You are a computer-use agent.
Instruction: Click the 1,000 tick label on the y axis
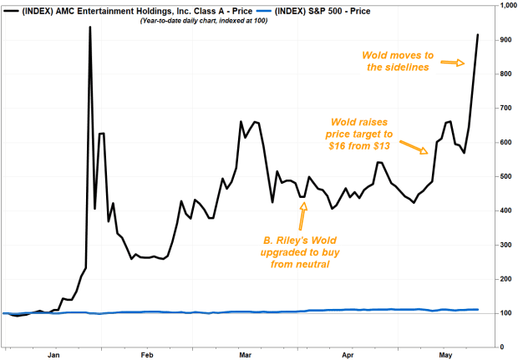tap(503, 6)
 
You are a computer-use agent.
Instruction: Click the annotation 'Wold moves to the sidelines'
tap(395, 61)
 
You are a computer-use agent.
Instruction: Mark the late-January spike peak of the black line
tap(89, 28)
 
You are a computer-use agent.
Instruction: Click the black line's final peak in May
tap(477, 35)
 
